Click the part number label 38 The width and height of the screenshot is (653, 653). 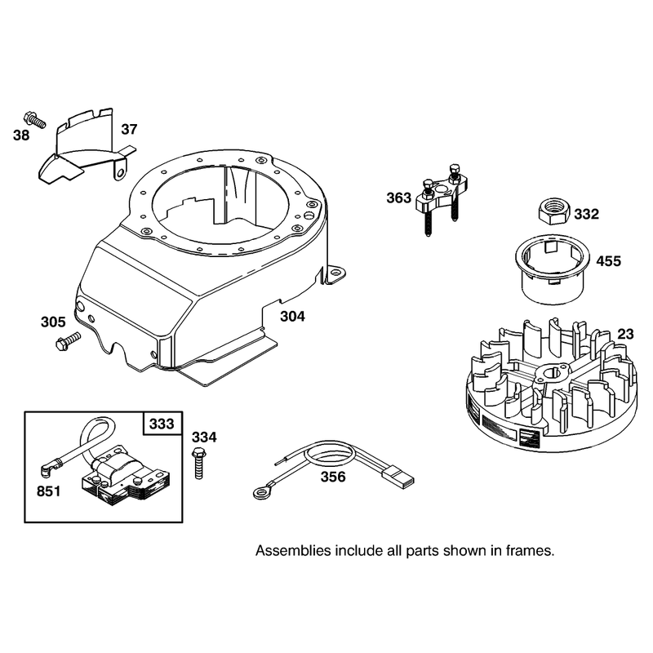point(21,135)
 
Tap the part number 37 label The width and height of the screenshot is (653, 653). point(129,129)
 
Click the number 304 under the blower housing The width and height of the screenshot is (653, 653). point(292,317)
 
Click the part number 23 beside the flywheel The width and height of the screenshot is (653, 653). point(625,334)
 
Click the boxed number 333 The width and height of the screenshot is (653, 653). point(162,424)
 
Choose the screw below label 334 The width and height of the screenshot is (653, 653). point(198,464)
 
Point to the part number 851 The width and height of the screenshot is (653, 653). point(49,491)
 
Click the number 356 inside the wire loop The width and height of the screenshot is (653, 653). point(333,477)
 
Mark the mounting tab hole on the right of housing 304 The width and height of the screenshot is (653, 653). point(335,272)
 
